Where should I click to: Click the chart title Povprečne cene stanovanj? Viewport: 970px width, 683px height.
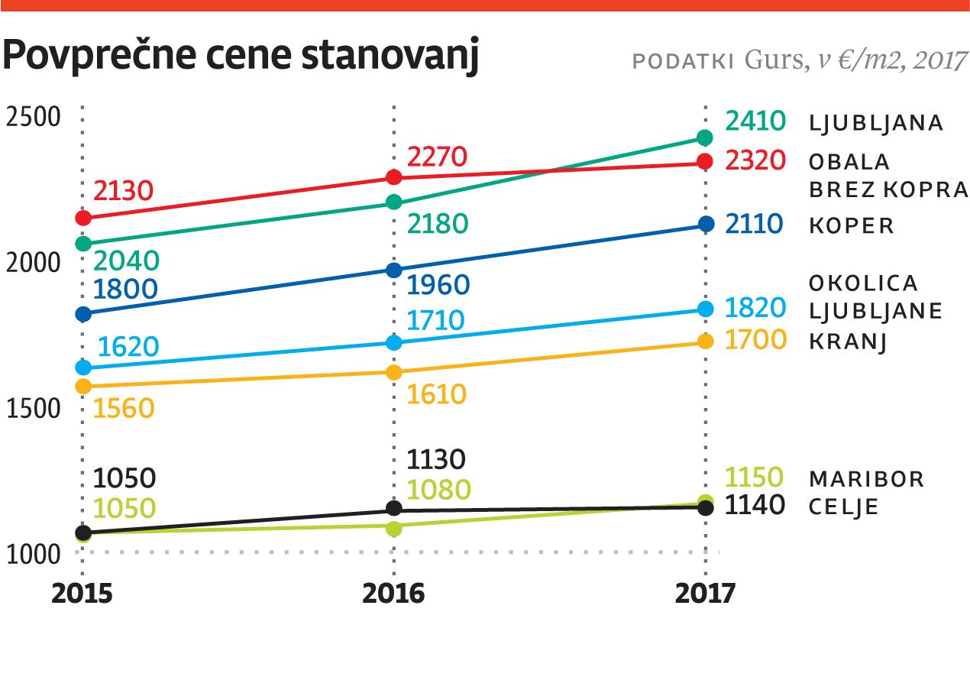[241, 59]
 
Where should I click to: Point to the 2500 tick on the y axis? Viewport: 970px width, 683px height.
[32, 118]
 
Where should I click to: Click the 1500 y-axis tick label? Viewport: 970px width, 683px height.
[32, 409]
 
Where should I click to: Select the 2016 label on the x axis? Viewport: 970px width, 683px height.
[393, 594]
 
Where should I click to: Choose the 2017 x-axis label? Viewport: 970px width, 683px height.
[705, 594]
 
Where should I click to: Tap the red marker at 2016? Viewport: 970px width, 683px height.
[394, 177]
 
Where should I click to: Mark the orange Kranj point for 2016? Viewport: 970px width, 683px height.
[394, 372]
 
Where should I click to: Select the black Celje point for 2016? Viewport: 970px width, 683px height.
[394, 508]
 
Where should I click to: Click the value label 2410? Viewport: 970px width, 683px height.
[755, 121]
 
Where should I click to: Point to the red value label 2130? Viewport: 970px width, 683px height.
[124, 190]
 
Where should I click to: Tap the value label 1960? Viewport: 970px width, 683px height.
[438, 285]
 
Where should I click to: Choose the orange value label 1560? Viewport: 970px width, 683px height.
[124, 408]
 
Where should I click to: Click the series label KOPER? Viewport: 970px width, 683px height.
[851, 226]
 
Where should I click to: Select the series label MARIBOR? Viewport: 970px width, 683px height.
[866, 480]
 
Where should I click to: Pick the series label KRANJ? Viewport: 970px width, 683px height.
[847, 341]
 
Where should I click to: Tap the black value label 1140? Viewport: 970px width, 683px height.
[755, 506]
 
